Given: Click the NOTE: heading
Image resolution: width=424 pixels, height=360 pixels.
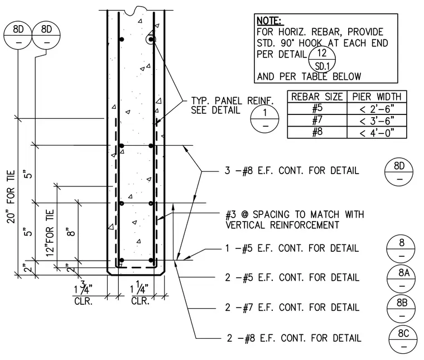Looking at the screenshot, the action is pyautogui.click(x=268, y=21).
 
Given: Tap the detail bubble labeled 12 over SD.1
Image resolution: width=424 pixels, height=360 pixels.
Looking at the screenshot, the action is pyautogui.click(x=322, y=59).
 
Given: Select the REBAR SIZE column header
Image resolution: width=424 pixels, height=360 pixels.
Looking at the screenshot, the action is pyautogui.click(x=317, y=97).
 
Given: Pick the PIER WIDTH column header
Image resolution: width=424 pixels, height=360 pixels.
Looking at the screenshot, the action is pyautogui.click(x=377, y=97).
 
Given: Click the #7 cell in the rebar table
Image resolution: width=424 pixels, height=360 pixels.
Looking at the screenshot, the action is pyautogui.click(x=317, y=120).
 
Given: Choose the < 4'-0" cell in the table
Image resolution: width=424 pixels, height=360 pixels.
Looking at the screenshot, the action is pyautogui.click(x=377, y=132).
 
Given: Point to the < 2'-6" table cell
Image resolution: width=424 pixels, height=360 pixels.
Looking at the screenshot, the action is pyautogui.click(x=377, y=109).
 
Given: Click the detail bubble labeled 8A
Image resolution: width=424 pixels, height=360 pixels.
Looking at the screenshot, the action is pyautogui.click(x=401, y=279).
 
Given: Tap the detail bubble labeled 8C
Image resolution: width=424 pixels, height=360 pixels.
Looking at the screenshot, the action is pyautogui.click(x=403, y=340).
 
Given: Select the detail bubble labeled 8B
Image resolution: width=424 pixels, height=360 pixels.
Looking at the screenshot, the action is pyautogui.click(x=401, y=309).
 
